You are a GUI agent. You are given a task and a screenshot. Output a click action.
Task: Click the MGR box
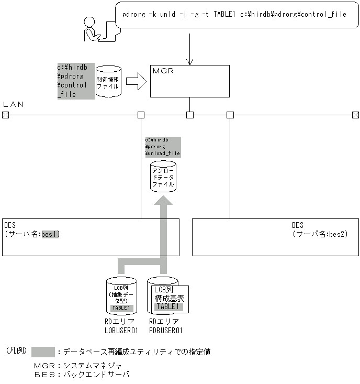[189, 81]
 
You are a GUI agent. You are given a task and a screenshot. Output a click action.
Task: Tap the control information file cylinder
[108, 82]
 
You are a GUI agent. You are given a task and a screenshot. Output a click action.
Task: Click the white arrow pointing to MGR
[136, 82]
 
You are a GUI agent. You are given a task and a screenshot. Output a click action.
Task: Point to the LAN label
[13, 104]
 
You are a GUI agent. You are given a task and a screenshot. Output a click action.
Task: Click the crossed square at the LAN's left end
[5, 115]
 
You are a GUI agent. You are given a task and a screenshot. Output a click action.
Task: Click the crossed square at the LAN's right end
[355, 115]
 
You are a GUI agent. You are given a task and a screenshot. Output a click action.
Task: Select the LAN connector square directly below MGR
[190, 115]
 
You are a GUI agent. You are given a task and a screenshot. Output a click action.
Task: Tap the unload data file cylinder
[163, 177]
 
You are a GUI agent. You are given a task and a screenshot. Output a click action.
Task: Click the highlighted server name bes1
[50, 234]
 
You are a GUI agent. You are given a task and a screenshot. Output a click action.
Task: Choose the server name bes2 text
[337, 234]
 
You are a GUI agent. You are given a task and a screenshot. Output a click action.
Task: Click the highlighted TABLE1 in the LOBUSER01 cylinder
[120, 308]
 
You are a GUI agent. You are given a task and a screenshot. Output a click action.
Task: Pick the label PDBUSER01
[165, 330]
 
